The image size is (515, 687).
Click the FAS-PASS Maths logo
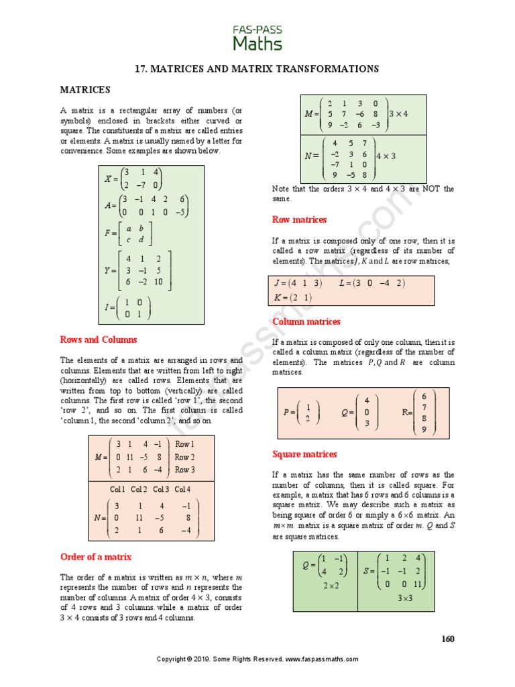(x=257, y=38)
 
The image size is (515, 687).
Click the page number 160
(x=447, y=638)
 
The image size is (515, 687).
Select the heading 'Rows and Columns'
(x=99, y=339)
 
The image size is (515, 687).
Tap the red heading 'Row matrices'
(x=299, y=219)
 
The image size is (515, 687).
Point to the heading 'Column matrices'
(x=306, y=321)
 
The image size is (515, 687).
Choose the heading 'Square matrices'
(x=304, y=454)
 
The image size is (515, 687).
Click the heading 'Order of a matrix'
(x=96, y=557)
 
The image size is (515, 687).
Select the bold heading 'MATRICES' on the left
(x=85, y=89)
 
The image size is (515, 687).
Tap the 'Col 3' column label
(x=160, y=489)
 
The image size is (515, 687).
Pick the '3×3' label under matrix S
(x=405, y=598)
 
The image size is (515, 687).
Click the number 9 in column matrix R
(x=424, y=430)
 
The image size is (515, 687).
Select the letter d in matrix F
(x=141, y=240)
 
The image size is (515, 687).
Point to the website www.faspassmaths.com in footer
(x=321, y=659)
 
